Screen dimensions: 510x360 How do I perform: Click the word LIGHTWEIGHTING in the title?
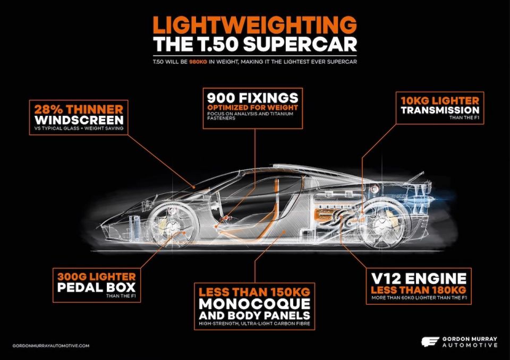[254, 25]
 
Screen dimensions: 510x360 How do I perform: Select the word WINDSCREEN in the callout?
[79, 119]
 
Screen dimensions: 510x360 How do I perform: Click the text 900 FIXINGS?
[252, 98]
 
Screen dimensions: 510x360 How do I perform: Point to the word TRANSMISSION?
[440, 110]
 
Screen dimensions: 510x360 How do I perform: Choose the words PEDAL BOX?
[96, 287]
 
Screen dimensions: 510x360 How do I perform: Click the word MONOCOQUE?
[254, 304]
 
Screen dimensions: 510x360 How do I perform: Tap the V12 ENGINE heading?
[419, 279]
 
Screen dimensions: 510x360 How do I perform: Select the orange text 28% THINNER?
[79, 109]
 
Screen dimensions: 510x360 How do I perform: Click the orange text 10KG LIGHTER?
[440, 100]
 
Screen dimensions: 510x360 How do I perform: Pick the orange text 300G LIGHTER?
[97, 277]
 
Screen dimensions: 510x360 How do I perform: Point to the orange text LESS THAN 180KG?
[419, 290]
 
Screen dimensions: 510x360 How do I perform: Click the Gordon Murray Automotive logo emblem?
[430, 342]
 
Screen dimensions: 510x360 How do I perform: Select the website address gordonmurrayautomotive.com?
[51, 346]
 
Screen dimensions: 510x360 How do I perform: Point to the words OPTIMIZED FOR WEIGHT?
[252, 108]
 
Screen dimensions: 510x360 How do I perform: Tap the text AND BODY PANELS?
[254, 315]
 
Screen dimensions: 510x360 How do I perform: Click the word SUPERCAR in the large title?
[300, 45]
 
